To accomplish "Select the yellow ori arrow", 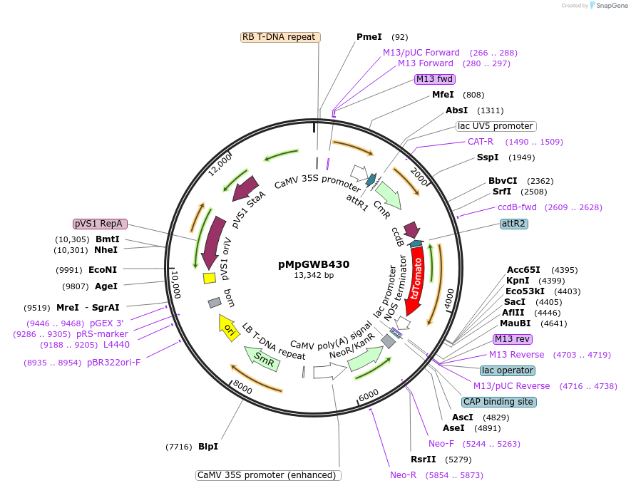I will tap(228, 328).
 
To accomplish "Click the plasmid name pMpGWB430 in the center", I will tap(314, 264).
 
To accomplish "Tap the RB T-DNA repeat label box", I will tap(278, 37).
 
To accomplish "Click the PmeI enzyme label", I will tap(369, 37).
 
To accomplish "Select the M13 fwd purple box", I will tap(435, 79).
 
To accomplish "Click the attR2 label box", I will tap(514, 224).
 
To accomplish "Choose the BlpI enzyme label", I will tap(208, 447).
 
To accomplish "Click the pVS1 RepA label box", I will tap(100, 224).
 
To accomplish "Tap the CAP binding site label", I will tap(498, 402).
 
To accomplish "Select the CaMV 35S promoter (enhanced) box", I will tap(268, 475).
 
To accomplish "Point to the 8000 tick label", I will tap(242, 388).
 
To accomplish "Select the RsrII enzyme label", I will tap(423, 460).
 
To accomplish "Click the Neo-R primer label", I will tap(403, 475).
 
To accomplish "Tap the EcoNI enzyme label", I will tap(102, 270).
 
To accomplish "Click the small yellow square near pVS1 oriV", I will tap(209, 278).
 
